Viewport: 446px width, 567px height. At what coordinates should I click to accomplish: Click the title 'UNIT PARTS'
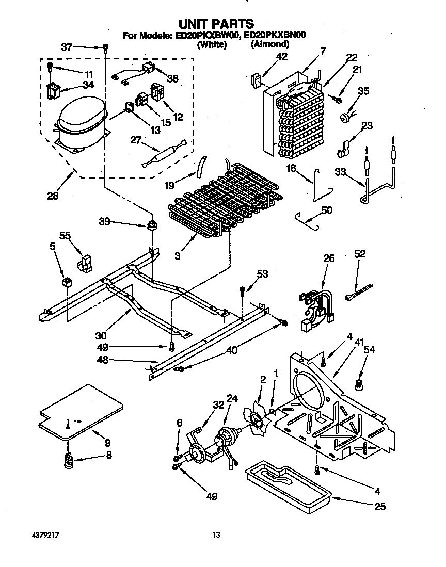coord(216,23)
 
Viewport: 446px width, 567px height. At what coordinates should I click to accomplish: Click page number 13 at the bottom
coord(216,536)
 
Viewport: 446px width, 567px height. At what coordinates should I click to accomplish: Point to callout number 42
coord(281,57)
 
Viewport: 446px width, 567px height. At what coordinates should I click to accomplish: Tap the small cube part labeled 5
coord(66,282)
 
